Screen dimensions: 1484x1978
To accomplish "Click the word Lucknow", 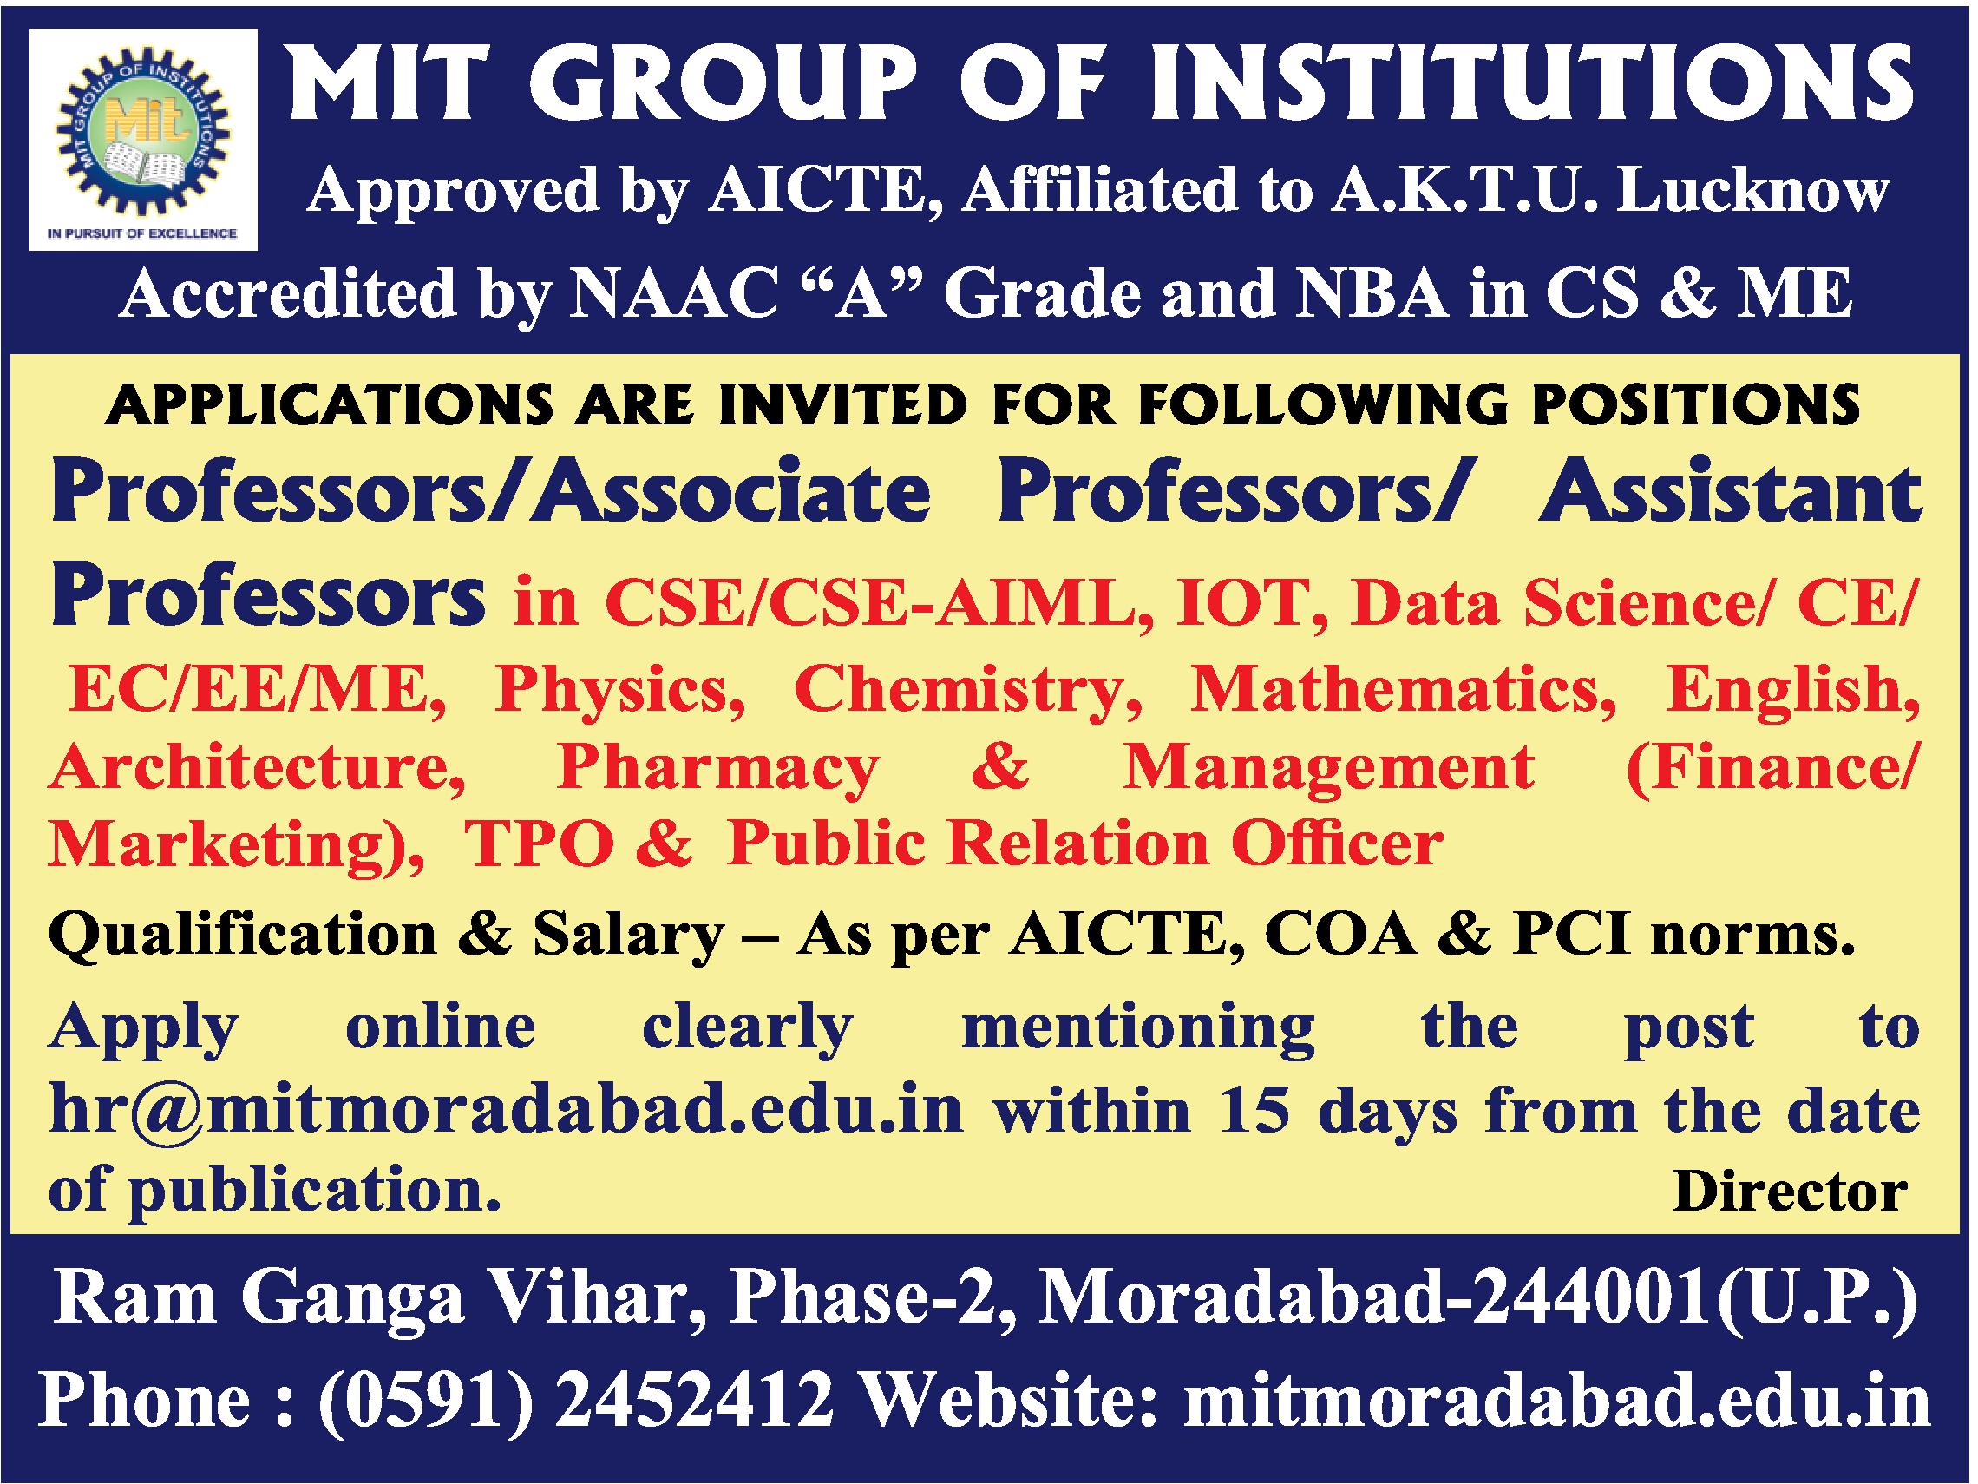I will tap(1752, 192).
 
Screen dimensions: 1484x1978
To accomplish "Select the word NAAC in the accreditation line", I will tap(672, 294).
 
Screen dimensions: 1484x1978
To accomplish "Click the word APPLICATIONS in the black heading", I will tap(330, 405).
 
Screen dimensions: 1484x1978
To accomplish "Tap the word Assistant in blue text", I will tap(1729, 494).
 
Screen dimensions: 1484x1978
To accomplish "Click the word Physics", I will tap(620, 691).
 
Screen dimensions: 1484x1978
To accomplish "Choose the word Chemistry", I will tap(967, 691).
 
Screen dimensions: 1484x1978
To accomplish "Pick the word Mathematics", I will tap(1402, 691).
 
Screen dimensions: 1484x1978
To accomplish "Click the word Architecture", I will tap(258, 768).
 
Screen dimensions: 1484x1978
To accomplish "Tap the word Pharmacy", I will tap(718, 768).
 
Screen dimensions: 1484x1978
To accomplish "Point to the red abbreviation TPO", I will tap(540, 844).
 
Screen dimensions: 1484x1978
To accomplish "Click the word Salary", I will tap(628, 935).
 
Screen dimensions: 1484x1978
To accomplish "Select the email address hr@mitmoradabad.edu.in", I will tap(506, 1109).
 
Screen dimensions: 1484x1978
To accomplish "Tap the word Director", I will tap(1790, 1192).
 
